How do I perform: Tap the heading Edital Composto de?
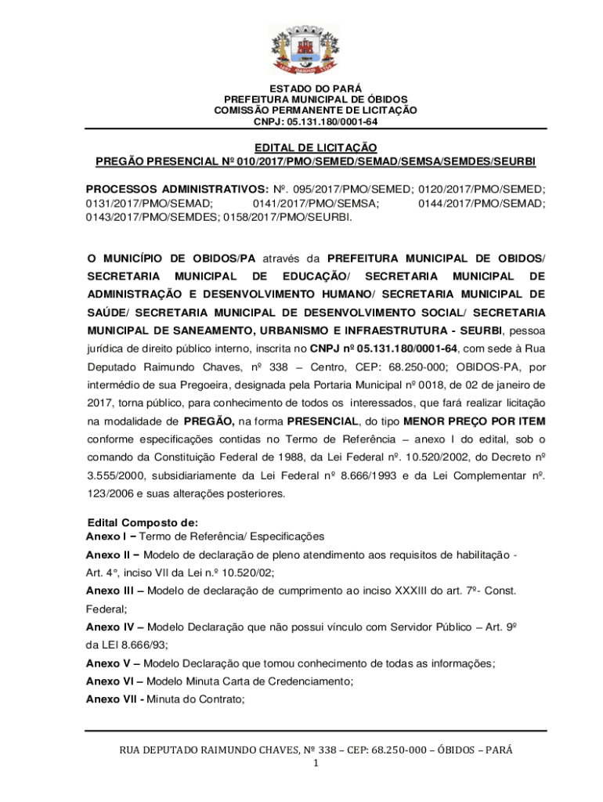pyautogui.click(x=143, y=522)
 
